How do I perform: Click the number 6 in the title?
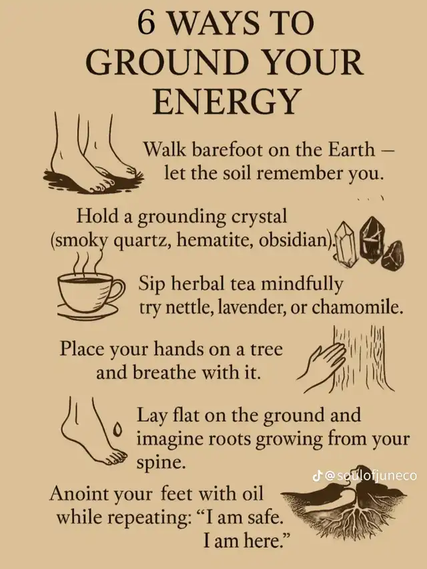click(147, 25)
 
